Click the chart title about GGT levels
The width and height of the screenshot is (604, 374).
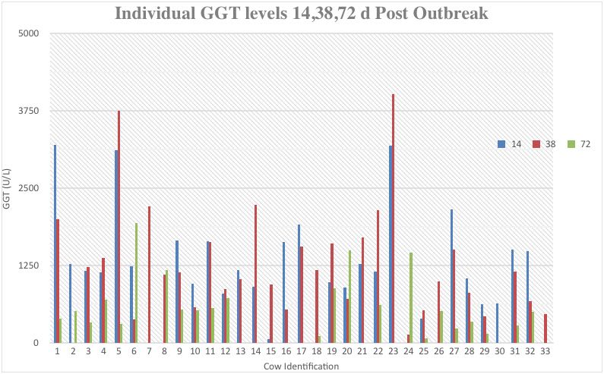301,14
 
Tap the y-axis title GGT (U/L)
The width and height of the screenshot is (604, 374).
7,188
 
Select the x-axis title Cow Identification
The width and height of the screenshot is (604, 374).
301,366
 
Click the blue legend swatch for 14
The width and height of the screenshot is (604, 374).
501,144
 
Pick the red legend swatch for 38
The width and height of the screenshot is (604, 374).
536,144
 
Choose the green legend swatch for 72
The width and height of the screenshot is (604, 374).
571,144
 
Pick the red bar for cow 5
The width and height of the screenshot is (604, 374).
119,227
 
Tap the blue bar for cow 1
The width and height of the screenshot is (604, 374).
55,244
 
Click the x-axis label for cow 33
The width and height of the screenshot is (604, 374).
545,351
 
